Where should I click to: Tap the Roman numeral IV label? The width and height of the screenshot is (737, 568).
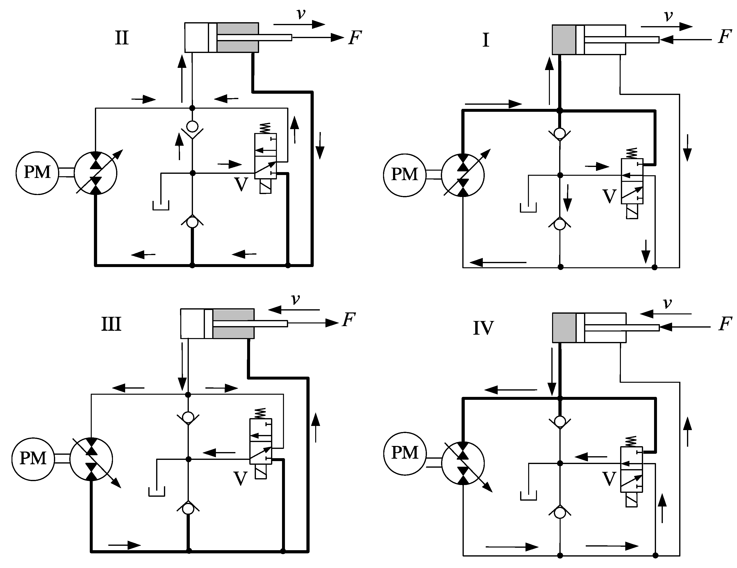483,328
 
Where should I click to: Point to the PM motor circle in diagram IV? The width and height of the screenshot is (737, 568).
405,453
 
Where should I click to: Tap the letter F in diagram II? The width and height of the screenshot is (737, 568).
355,38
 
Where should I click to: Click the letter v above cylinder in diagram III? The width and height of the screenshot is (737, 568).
296,299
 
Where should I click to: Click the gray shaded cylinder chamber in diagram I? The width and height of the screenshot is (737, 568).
564,40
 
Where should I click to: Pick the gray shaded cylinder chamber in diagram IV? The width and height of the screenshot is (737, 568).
564,328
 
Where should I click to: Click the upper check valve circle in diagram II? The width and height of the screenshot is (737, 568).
192,127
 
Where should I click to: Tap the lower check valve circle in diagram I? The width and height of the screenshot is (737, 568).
560,225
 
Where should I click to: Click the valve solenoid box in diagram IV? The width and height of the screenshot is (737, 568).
631,499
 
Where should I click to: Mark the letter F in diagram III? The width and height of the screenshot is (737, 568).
349,320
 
